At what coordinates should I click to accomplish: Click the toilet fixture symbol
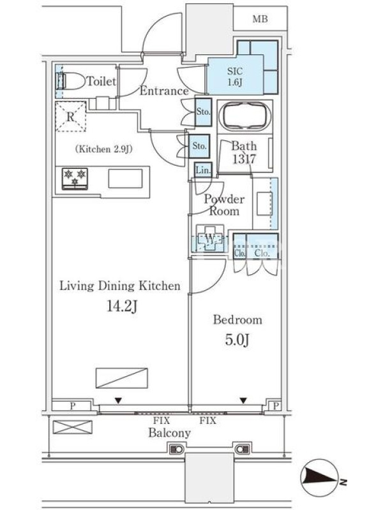(x=71, y=81)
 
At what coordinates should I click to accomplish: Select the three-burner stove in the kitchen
(x=75, y=178)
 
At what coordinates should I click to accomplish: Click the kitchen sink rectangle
(x=125, y=178)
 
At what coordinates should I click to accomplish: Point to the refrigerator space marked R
(x=71, y=117)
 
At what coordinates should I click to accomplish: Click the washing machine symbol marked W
(x=210, y=238)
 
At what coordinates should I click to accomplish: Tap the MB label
(x=260, y=19)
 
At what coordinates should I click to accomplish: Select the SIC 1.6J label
(x=235, y=76)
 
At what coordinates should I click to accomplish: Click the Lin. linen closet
(x=203, y=170)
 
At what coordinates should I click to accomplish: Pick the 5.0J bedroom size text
(x=237, y=340)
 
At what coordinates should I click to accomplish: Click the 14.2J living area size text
(x=121, y=307)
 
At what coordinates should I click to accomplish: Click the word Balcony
(x=169, y=433)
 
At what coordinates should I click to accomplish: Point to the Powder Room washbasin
(x=264, y=203)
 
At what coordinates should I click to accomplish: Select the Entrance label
(x=164, y=91)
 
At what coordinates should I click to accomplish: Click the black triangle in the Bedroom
(x=243, y=400)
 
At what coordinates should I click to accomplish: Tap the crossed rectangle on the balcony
(x=73, y=426)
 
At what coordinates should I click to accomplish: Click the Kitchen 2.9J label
(x=104, y=149)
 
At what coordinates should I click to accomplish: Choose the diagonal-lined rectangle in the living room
(x=122, y=378)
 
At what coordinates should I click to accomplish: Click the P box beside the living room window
(x=72, y=406)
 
